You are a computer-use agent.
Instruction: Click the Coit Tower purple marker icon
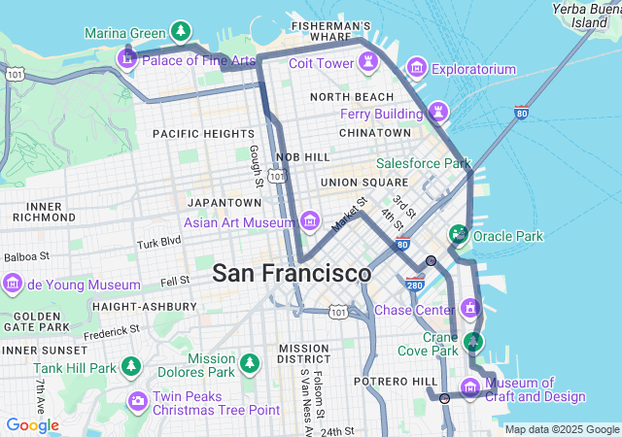(x=368, y=63)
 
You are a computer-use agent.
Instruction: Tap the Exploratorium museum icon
(x=417, y=68)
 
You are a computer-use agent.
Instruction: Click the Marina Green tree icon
(x=179, y=32)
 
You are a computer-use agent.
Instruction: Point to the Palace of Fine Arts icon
(x=126, y=60)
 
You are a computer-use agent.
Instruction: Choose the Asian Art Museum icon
(x=310, y=221)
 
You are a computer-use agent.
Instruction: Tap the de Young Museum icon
(x=13, y=285)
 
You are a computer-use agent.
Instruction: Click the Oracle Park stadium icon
(x=457, y=234)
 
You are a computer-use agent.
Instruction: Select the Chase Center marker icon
(x=471, y=309)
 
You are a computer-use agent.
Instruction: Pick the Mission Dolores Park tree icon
(x=251, y=363)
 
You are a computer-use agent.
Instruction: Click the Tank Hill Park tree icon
(x=131, y=368)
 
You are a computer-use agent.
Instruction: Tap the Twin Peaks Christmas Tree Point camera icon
(x=137, y=401)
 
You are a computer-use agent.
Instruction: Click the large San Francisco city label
(x=292, y=273)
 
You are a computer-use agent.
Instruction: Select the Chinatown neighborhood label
(x=375, y=132)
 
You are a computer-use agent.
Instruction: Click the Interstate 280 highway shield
(x=415, y=285)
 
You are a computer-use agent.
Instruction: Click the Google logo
(x=32, y=425)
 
